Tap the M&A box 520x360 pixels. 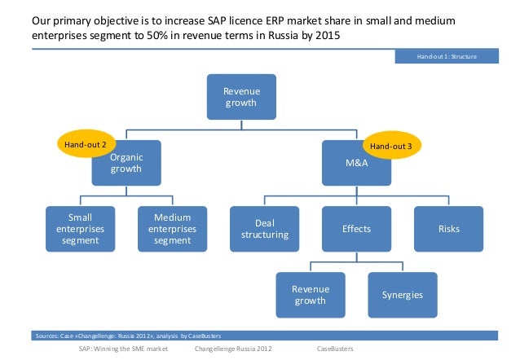(357, 164)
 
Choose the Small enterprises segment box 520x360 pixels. (81, 229)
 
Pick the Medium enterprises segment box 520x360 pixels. (172, 229)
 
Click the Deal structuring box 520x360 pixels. (265, 229)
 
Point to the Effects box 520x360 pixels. (356, 229)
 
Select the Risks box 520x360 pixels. (449, 229)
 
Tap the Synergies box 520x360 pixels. (403, 295)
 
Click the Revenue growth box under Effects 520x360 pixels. (310, 295)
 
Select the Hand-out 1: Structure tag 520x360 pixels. (446, 56)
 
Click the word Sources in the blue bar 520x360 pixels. (46, 336)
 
